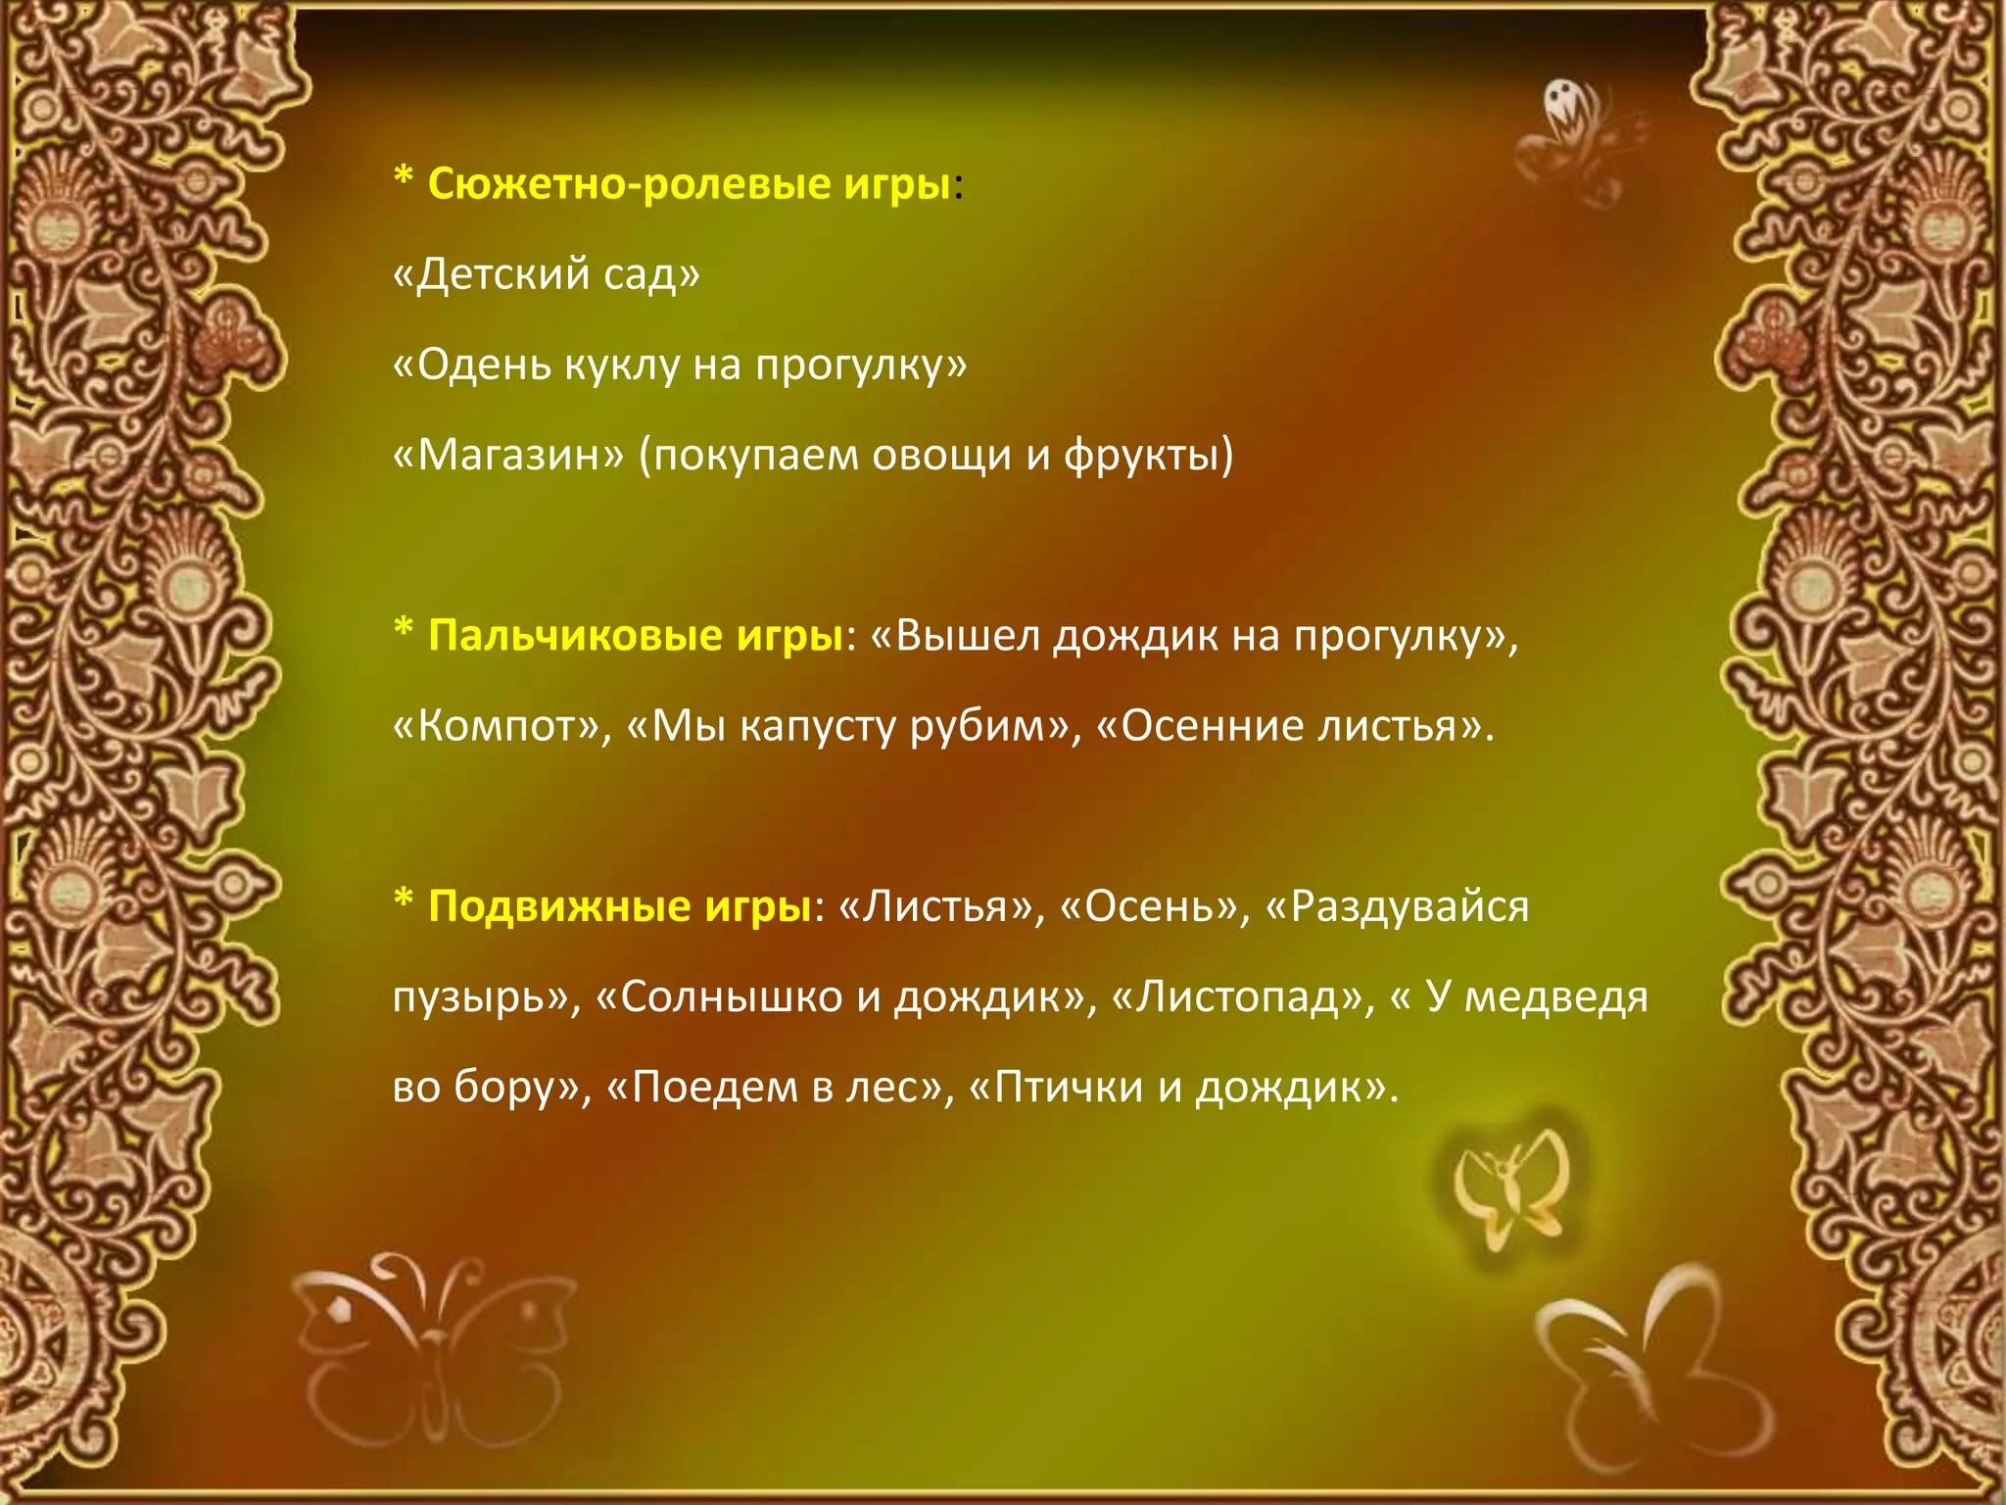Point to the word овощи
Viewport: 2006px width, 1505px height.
point(941,455)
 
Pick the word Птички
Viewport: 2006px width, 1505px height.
point(1068,1087)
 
